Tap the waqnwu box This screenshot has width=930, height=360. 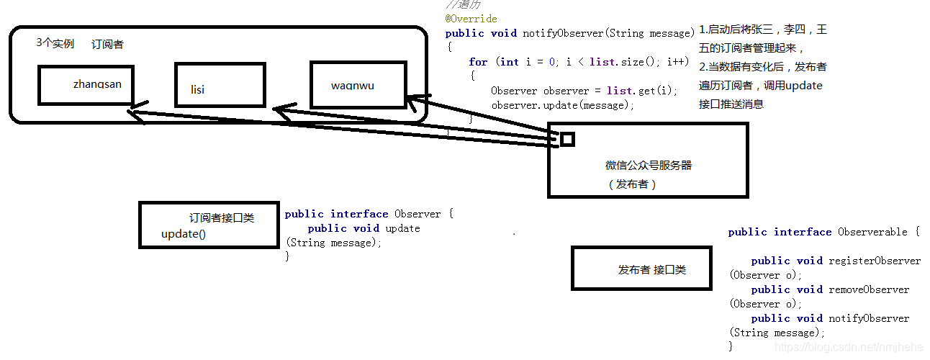(x=358, y=85)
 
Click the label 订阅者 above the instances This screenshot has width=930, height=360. (x=107, y=45)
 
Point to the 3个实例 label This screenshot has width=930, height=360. (x=55, y=43)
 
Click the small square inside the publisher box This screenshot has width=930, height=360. (x=567, y=139)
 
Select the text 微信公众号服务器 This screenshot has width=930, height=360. (x=649, y=165)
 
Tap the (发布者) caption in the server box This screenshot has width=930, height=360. (x=633, y=184)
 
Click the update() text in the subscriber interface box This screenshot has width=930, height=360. (x=184, y=234)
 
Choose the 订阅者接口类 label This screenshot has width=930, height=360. (x=222, y=217)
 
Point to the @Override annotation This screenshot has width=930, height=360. (x=471, y=19)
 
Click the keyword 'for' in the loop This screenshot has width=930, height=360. (x=478, y=62)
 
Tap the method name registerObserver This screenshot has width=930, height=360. (x=875, y=261)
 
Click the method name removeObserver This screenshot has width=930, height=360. (x=869, y=289)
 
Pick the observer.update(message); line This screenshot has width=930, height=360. (x=563, y=105)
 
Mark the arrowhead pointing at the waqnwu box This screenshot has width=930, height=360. (x=411, y=102)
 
